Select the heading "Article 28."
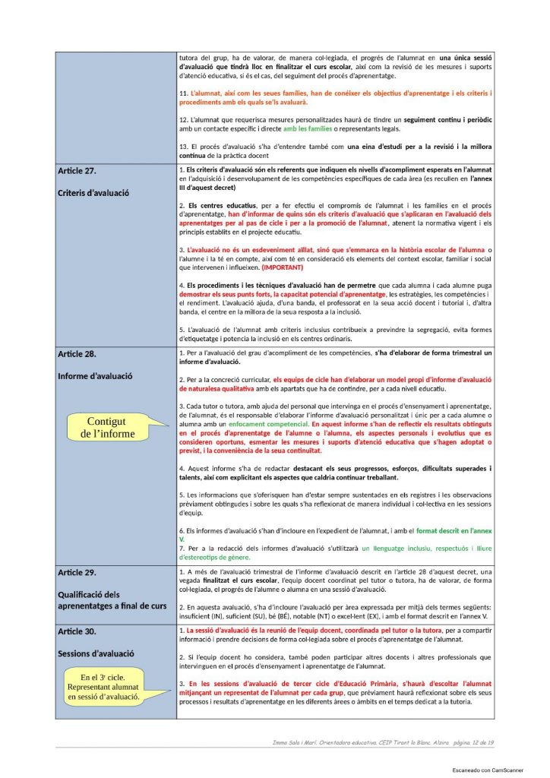pyautogui.click(x=77, y=354)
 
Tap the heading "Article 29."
pyautogui.click(x=77, y=571)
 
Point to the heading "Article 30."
pyautogui.click(x=77, y=631)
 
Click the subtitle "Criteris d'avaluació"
pyautogui.click(x=93, y=193)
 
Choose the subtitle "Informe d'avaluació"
pyautogui.click(x=96, y=376)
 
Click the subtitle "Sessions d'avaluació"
pyautogui.click(x=96, y=653)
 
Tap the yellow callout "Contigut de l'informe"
pyautogui.click(x=107, y=428)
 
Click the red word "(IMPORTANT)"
pyautogui.click(x=282, y=267)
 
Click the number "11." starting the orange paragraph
pyautogui.click(x=183, y=93)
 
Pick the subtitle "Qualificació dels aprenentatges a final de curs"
pyautogui.click(x=112, y=599)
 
